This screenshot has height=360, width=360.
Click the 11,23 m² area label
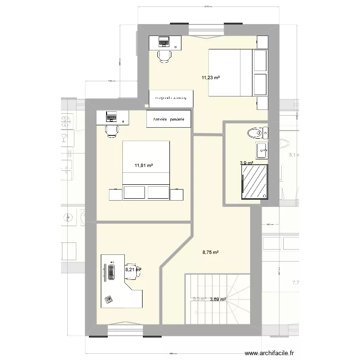click(211, 77)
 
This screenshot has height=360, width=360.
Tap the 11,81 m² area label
click(144, 166)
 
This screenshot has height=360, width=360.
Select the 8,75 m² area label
click(210, 252)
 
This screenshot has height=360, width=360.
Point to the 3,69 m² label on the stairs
click(218, 299)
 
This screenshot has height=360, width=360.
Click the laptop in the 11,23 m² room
click(164, 42)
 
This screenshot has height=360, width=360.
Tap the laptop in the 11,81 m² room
click(111, 117)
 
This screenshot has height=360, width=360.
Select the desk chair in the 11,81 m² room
click(111, 130)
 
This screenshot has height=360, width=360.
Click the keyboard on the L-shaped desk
click(111, 272)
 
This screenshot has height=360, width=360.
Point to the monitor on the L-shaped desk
click(104, 272)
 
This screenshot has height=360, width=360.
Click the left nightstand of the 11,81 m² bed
click(115, 193)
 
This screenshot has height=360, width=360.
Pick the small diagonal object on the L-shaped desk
click(108, 299)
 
